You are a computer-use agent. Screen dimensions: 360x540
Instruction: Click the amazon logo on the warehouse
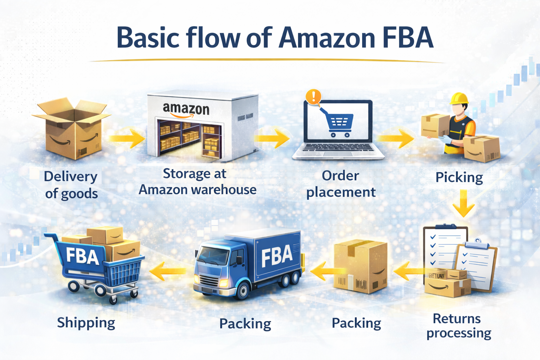click(x=186, y=109)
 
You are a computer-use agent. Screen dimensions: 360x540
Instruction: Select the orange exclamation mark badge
click(x=313, y=96)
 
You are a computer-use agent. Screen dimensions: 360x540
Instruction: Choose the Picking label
click(x=459, y=177)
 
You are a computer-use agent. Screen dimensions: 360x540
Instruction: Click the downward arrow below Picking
click(x=463, y=203)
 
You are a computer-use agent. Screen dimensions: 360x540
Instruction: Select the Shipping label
click(x=86, y=322)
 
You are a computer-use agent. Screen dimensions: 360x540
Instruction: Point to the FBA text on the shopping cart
click(x=82, y=256)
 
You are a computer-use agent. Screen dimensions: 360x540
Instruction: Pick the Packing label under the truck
click(x=245, y=323)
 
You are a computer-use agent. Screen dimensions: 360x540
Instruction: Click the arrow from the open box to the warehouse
click(x=127, y=138)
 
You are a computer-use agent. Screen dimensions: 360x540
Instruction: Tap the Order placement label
click(x=341, y=184)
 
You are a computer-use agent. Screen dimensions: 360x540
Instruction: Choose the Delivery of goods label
click(x=71, y=185)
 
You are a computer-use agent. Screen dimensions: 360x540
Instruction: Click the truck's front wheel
click(x=242, y=291)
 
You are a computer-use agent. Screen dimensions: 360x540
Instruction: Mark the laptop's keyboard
click(x=338, y=148)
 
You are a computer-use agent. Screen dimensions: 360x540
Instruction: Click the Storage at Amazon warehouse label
click(x=197, y=181)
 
